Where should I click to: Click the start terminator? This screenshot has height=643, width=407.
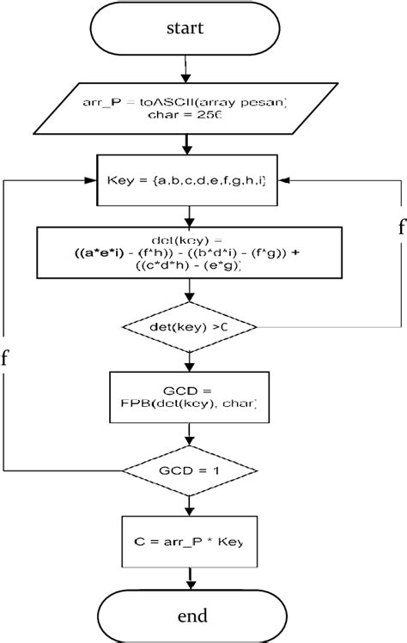pos(185,28)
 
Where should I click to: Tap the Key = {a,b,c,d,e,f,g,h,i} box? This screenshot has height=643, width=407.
pos(185,182)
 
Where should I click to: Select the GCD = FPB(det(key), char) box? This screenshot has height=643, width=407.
pos(185,395)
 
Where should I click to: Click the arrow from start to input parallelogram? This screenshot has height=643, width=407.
pos(185,67)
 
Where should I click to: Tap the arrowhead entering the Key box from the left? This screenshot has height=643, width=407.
pos(88,182)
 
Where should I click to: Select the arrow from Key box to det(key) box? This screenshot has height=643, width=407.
pos(185,217)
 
